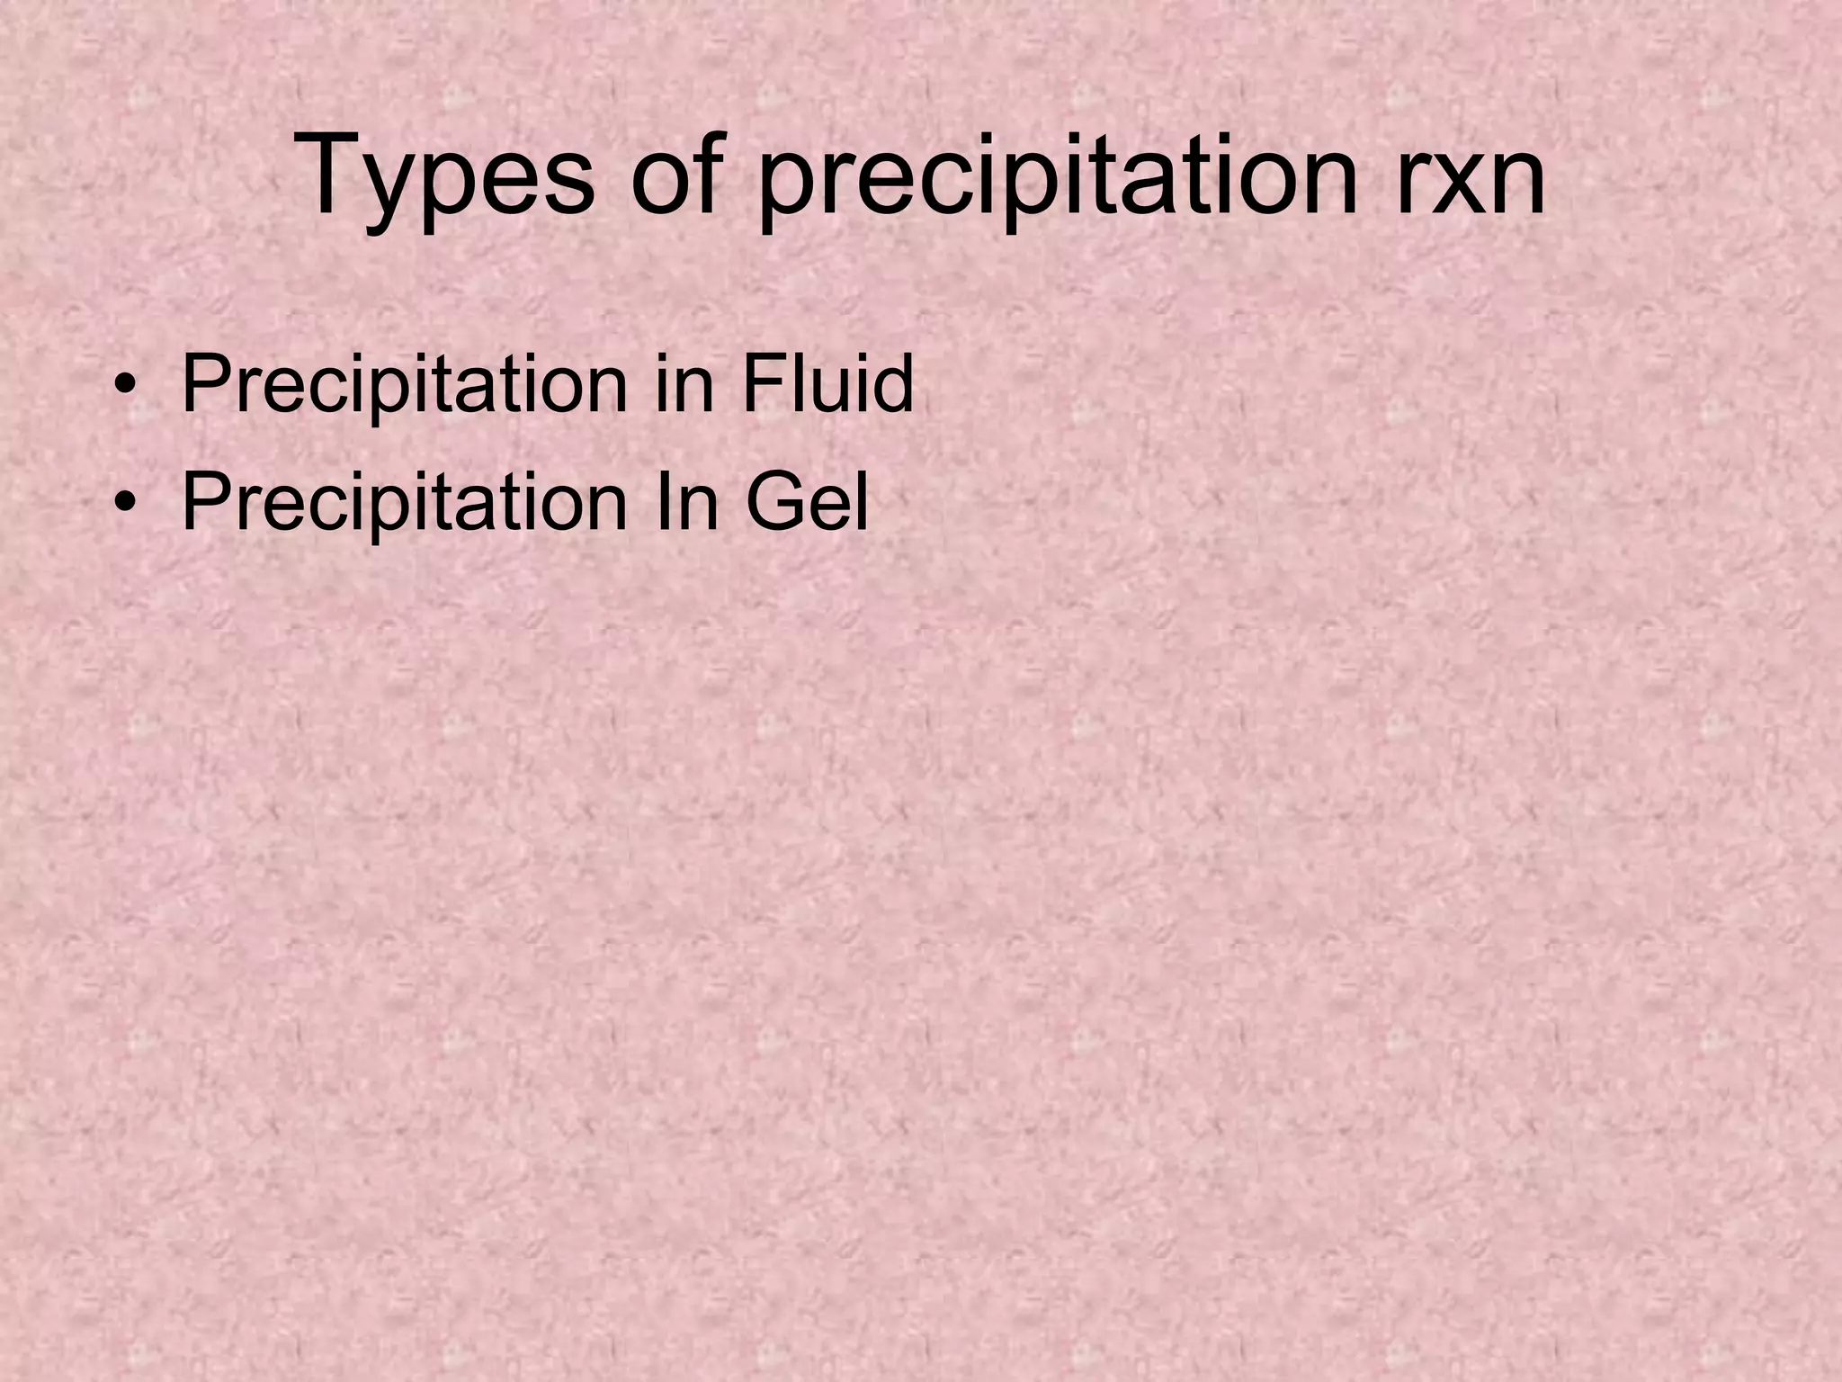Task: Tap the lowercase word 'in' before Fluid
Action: [682, 385]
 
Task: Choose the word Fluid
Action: [827, 385]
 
